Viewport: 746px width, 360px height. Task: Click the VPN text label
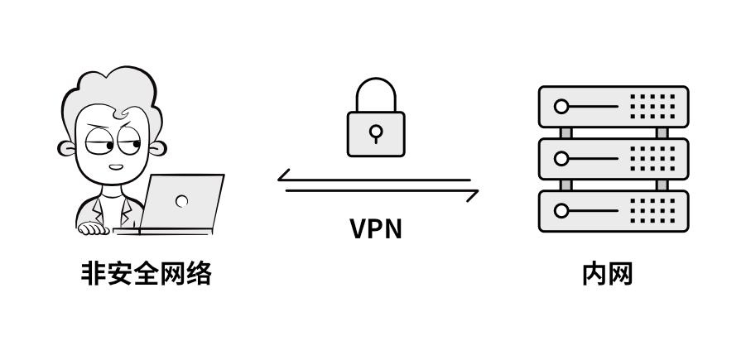click(375, 228)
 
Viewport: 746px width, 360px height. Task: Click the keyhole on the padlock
click(377, 132)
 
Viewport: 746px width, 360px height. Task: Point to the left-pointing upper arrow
click(373, 178)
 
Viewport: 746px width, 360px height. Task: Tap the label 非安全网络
click(146, 273)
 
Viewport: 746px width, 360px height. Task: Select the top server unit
click(614, 106)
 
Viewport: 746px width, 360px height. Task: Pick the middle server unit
click(614, 158)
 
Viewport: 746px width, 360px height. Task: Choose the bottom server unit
click(614, 210)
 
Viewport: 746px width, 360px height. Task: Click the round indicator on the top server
click(563, 106)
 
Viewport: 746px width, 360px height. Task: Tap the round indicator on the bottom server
click(563, 210)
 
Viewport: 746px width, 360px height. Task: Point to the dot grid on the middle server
click(653, 158)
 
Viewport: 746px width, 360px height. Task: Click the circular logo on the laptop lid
click(182, 200)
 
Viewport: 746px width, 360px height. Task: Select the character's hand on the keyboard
click(93, 228)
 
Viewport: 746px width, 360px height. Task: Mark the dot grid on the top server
click(653, 106)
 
